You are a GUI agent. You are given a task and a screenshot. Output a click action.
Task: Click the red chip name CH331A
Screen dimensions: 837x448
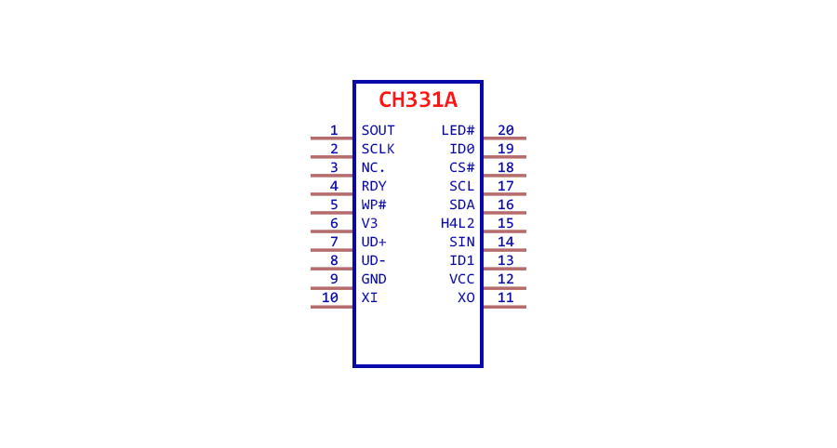[x=418, y=99]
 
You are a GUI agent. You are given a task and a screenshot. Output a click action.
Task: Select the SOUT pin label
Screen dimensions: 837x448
[x=378, y=131]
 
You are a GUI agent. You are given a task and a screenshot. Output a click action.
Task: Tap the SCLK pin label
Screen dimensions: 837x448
[x=378, y=150]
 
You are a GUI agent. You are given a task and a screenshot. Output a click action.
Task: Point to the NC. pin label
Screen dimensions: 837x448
[x=373, y=168]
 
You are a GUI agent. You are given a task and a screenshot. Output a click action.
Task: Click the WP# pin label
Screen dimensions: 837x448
[x=374, y=204]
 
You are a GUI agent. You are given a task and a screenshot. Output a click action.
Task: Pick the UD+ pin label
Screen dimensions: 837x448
[x=374, y=243]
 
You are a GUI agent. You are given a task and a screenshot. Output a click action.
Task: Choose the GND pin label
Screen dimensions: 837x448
[x=374, y=279]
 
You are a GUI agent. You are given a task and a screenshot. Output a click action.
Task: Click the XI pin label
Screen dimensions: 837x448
[x=369, y=297]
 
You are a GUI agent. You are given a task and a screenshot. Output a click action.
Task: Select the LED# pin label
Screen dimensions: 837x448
[x=458, y=131]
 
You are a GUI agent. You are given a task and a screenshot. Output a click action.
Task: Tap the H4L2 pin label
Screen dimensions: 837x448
[x=458, y=223]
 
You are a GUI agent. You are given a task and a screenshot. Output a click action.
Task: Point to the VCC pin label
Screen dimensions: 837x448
[x=462, y=279]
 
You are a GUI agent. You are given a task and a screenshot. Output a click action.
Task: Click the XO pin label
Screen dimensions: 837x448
[x=467, y=297]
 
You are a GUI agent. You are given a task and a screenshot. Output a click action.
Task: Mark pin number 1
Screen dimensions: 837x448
[x=334, y=131]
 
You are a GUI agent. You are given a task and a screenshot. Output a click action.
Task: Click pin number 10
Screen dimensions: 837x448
[x=330, y=297]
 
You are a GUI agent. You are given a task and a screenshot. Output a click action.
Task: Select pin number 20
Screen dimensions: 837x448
[x=506, y=131]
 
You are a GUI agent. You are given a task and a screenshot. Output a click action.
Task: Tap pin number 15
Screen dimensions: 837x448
[x=506, y=223]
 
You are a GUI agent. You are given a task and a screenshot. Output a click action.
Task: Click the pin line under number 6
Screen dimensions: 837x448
[x=331, y=231]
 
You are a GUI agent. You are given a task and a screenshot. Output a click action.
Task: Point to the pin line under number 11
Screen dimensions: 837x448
[x=504, y=307]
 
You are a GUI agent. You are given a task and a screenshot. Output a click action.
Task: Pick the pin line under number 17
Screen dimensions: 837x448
[x=504, y=194]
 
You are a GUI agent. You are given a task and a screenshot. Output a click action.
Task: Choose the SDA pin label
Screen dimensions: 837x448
[x=462, y=204]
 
